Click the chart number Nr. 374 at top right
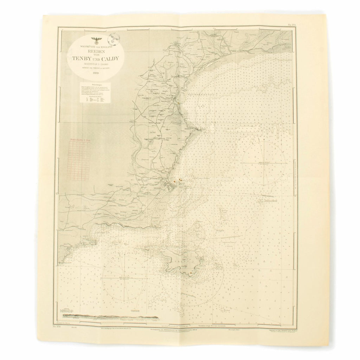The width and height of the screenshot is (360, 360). pyautogui.click(x=288, y=25)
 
